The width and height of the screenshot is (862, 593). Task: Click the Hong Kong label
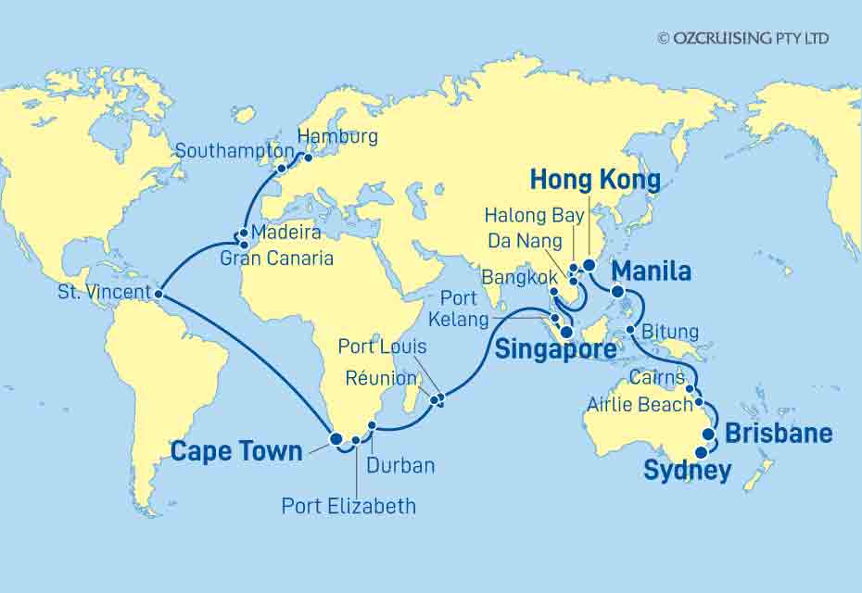tap(596, 180)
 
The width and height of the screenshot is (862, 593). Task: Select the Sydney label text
tap(687, 471)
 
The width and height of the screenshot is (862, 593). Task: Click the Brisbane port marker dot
tap(709, 434)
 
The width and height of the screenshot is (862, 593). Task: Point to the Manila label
tap(652, 271)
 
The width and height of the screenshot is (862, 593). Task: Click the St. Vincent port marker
tap(159, 294)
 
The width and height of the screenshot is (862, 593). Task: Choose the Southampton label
tap(235, 150)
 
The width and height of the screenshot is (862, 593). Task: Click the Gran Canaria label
tap(276, 259)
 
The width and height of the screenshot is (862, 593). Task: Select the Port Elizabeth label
tap(349, 506)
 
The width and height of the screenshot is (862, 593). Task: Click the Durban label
tap(400, 465)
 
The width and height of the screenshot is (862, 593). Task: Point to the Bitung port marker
tap(631, 331)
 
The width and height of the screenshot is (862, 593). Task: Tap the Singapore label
tap(555, 350)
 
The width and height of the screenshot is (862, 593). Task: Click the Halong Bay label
tap(535, 216)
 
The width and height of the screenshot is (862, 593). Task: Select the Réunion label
tap(379, 378)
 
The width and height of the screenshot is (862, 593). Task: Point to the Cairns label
tap(655, 378)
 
